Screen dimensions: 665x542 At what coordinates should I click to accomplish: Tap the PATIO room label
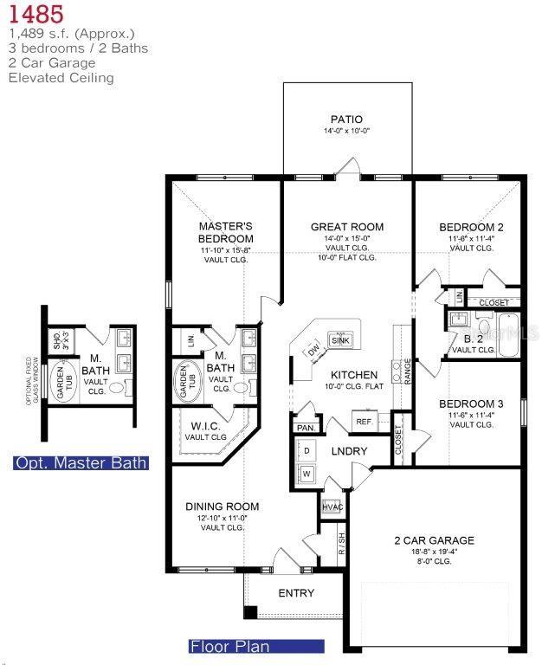tap(346, 119)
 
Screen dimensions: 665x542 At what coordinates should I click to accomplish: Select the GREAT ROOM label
tap(347, 227)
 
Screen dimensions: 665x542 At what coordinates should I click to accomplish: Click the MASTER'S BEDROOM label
tap(225, 232)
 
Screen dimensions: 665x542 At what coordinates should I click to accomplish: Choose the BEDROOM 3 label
tap(471, 404)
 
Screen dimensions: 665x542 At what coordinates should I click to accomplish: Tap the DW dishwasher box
tap(313, 351)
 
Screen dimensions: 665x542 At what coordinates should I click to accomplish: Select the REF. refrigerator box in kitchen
tap(363, 421)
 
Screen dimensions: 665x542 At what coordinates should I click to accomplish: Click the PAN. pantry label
tap(305, 428)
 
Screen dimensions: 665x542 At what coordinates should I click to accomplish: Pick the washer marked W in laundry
tap(306, 474)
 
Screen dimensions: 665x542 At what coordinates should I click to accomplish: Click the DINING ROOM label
tap(223, 507)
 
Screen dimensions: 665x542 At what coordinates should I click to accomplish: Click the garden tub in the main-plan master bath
tap(185, 381)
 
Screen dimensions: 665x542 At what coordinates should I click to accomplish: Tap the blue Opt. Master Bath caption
tap(81, 463)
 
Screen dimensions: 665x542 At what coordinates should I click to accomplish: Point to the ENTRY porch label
tap(295, 593)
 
